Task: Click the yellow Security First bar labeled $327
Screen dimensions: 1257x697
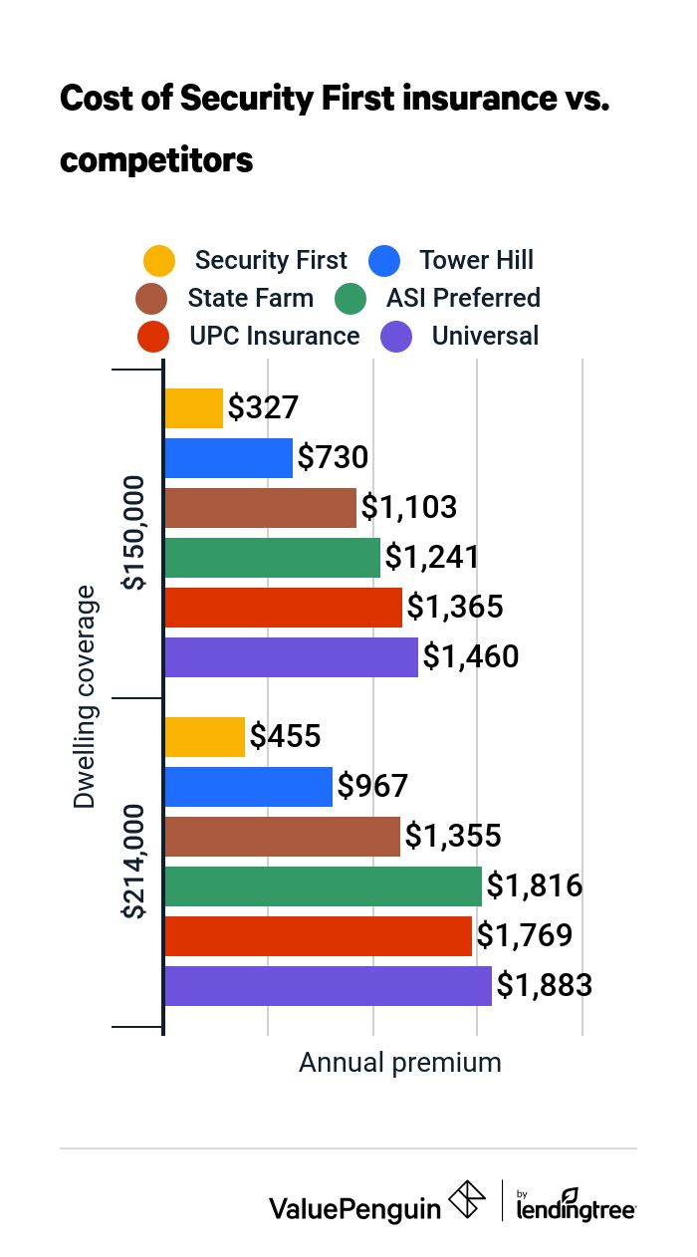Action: tap(193, 408)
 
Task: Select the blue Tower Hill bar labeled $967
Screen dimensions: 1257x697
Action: tap(248, 787)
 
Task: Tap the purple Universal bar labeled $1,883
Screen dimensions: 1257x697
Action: tap(328, 986)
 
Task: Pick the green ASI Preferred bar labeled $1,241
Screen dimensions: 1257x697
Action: tap(272, 558)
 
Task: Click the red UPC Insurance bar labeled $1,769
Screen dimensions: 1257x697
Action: tap(318, 936)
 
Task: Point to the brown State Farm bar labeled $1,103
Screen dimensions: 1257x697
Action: tap(260, 508)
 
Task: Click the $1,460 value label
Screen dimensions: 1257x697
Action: tap(471, 657)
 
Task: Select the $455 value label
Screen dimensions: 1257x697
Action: tap(285, 737)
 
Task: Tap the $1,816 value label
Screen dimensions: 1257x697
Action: tap(533, 886)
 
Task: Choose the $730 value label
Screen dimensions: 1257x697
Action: tap(334, 458)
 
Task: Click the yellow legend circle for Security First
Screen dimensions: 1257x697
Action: tap(159, 261)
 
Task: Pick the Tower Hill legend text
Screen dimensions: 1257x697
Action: tap(476, 261)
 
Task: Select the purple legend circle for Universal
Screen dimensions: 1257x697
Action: tap(396, 337)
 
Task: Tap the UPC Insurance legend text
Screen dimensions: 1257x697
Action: tap(275, 336)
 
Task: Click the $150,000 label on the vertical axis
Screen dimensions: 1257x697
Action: tap(133, 533)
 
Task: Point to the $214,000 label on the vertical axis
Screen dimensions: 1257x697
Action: tap(133, 862)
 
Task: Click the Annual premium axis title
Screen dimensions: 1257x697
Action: tap(400, 1063)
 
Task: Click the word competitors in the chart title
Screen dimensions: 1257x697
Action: tap(156, 158)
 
